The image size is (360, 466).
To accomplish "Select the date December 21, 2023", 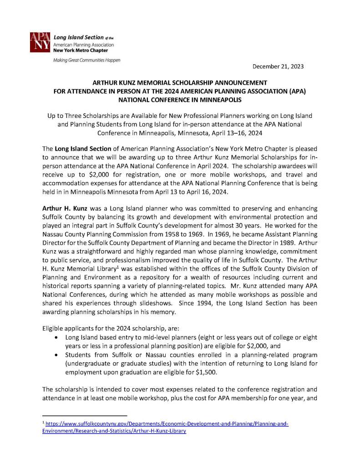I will pyautogui.click(x=278, y=66).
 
